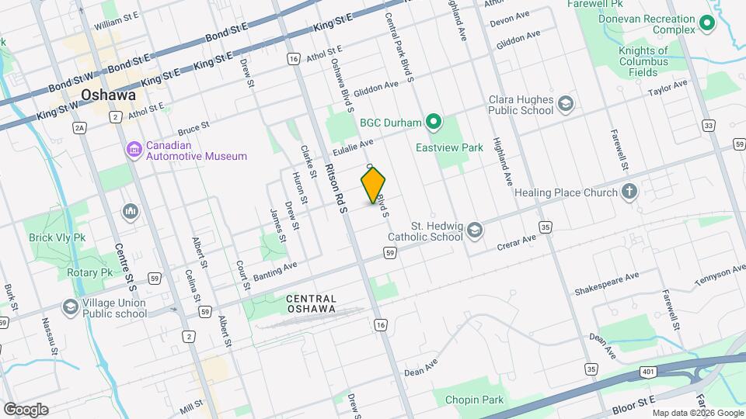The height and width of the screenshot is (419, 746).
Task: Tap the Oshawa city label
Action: (x=108, y=95)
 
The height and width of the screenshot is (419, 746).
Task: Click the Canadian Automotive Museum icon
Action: (x=133, y=149)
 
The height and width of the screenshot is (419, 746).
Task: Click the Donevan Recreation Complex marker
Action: (x=707, y=25)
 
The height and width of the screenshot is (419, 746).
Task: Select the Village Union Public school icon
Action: (x=71, y=308)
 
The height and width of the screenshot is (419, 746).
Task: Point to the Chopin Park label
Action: (x=474, y=400)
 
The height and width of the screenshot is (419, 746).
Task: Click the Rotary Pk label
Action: (x=90, y=272)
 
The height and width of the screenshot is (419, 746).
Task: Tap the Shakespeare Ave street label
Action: (x=606, y=283)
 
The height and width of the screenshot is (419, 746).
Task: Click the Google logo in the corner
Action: (x=26, y=409)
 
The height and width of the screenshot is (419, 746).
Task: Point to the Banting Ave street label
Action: (x=274, y=270)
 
